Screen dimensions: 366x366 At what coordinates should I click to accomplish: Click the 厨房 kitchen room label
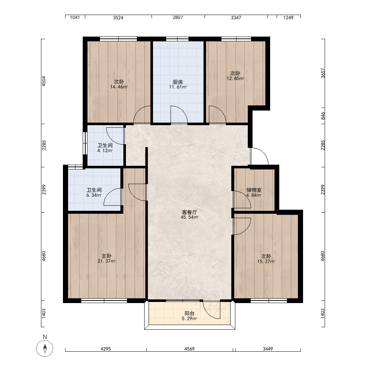point(178,82)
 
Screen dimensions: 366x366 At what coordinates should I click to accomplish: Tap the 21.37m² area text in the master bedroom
point(107,261)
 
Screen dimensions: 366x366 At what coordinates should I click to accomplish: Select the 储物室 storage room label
point(254,190)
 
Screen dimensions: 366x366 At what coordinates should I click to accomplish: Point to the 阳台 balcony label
point(189,314)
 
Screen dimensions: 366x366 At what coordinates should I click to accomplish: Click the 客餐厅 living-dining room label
point(189,212)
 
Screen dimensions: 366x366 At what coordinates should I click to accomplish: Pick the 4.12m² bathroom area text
point(105,150)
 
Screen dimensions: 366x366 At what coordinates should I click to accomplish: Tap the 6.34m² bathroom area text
point(94,195)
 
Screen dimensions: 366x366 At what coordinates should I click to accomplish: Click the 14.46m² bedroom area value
point(119,87)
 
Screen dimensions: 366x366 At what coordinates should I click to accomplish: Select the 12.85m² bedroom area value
point(235,78)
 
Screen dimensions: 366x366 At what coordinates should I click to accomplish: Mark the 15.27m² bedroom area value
point(266,261)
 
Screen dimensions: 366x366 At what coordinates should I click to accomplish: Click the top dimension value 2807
point(178,17)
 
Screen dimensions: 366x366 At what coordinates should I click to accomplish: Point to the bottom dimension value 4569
point(189,349)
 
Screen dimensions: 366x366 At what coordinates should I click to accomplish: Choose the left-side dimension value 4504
point(44,81)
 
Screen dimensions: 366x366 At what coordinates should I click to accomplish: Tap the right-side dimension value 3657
point(323,73)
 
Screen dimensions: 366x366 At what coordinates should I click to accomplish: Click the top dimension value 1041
point(75,17)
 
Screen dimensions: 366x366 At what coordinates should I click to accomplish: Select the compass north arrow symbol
point(45,348)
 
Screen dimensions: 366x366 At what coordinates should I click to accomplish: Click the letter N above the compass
point(45,337)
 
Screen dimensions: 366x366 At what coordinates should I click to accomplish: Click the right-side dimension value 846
point(323,116)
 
